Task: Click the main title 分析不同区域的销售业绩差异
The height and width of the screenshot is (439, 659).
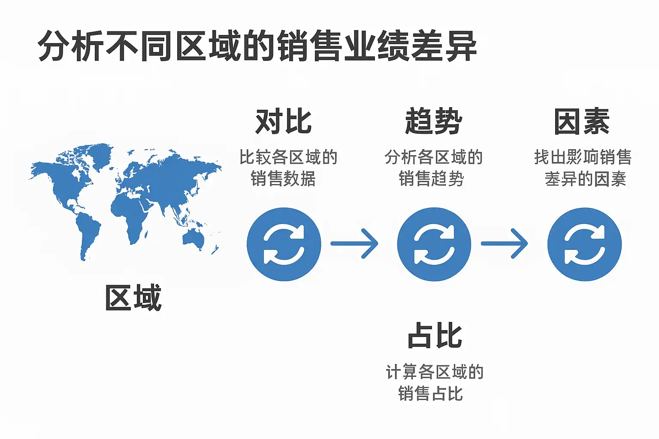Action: [x=257, y=46]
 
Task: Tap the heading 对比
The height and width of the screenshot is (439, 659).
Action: [x=284, y=122]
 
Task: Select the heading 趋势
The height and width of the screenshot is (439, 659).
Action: [x=434, y=122]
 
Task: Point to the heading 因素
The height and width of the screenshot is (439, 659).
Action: [x=582, y=122]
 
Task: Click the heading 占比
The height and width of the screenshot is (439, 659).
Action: [x=435, y=336]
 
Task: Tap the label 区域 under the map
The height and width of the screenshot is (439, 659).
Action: [x=133, y=298]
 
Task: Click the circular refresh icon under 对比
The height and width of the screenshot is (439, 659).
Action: [x=284, y=244]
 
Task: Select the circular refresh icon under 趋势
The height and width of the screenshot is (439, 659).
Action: [x=434, y=244]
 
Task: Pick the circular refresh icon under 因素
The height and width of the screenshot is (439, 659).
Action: [x=584, y=244]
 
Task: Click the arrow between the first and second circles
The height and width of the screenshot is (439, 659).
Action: [x=354, y=244]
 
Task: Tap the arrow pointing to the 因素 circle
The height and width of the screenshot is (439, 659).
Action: [x=505, y=244]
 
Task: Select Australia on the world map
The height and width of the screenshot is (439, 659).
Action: [x=193, y=238]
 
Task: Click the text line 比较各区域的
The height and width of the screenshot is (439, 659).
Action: [x=288, y=157]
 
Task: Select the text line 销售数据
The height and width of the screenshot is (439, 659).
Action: [x=283, y=178]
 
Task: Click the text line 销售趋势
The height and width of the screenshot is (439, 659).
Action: [x=432, y=178]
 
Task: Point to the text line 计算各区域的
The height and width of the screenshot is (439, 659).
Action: [x=435, y=372]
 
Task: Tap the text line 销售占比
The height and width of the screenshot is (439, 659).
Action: [x=431, y=393]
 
